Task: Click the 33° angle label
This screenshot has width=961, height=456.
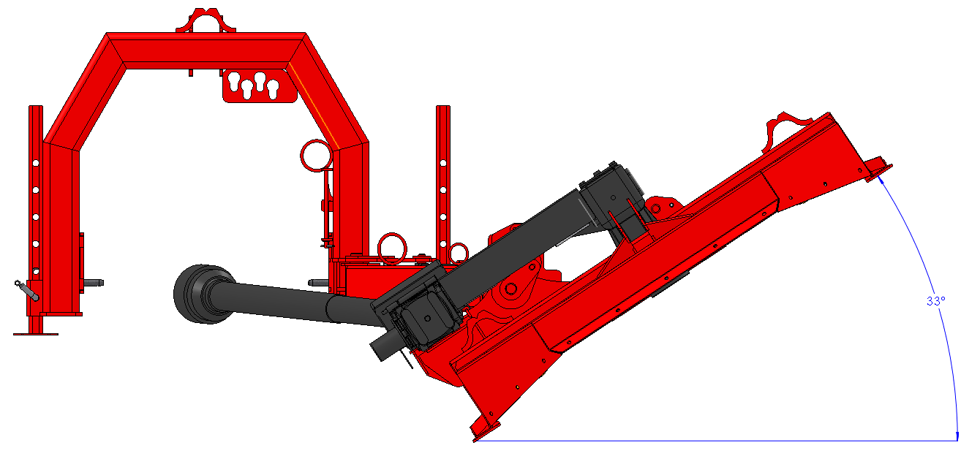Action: [935, 301]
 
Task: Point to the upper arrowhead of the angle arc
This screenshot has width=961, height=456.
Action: [881, 179]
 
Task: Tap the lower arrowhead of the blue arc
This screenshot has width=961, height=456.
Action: [957, 436]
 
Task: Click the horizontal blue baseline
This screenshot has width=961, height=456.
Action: [717, 441]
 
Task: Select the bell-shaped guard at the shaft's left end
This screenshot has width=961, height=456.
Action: [202, 294]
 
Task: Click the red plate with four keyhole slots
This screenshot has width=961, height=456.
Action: [259, 86]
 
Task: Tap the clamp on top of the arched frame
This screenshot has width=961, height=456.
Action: [206, 20]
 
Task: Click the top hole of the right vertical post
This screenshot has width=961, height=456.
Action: [442, 163]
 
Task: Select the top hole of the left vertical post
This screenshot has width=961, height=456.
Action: [36, 163]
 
